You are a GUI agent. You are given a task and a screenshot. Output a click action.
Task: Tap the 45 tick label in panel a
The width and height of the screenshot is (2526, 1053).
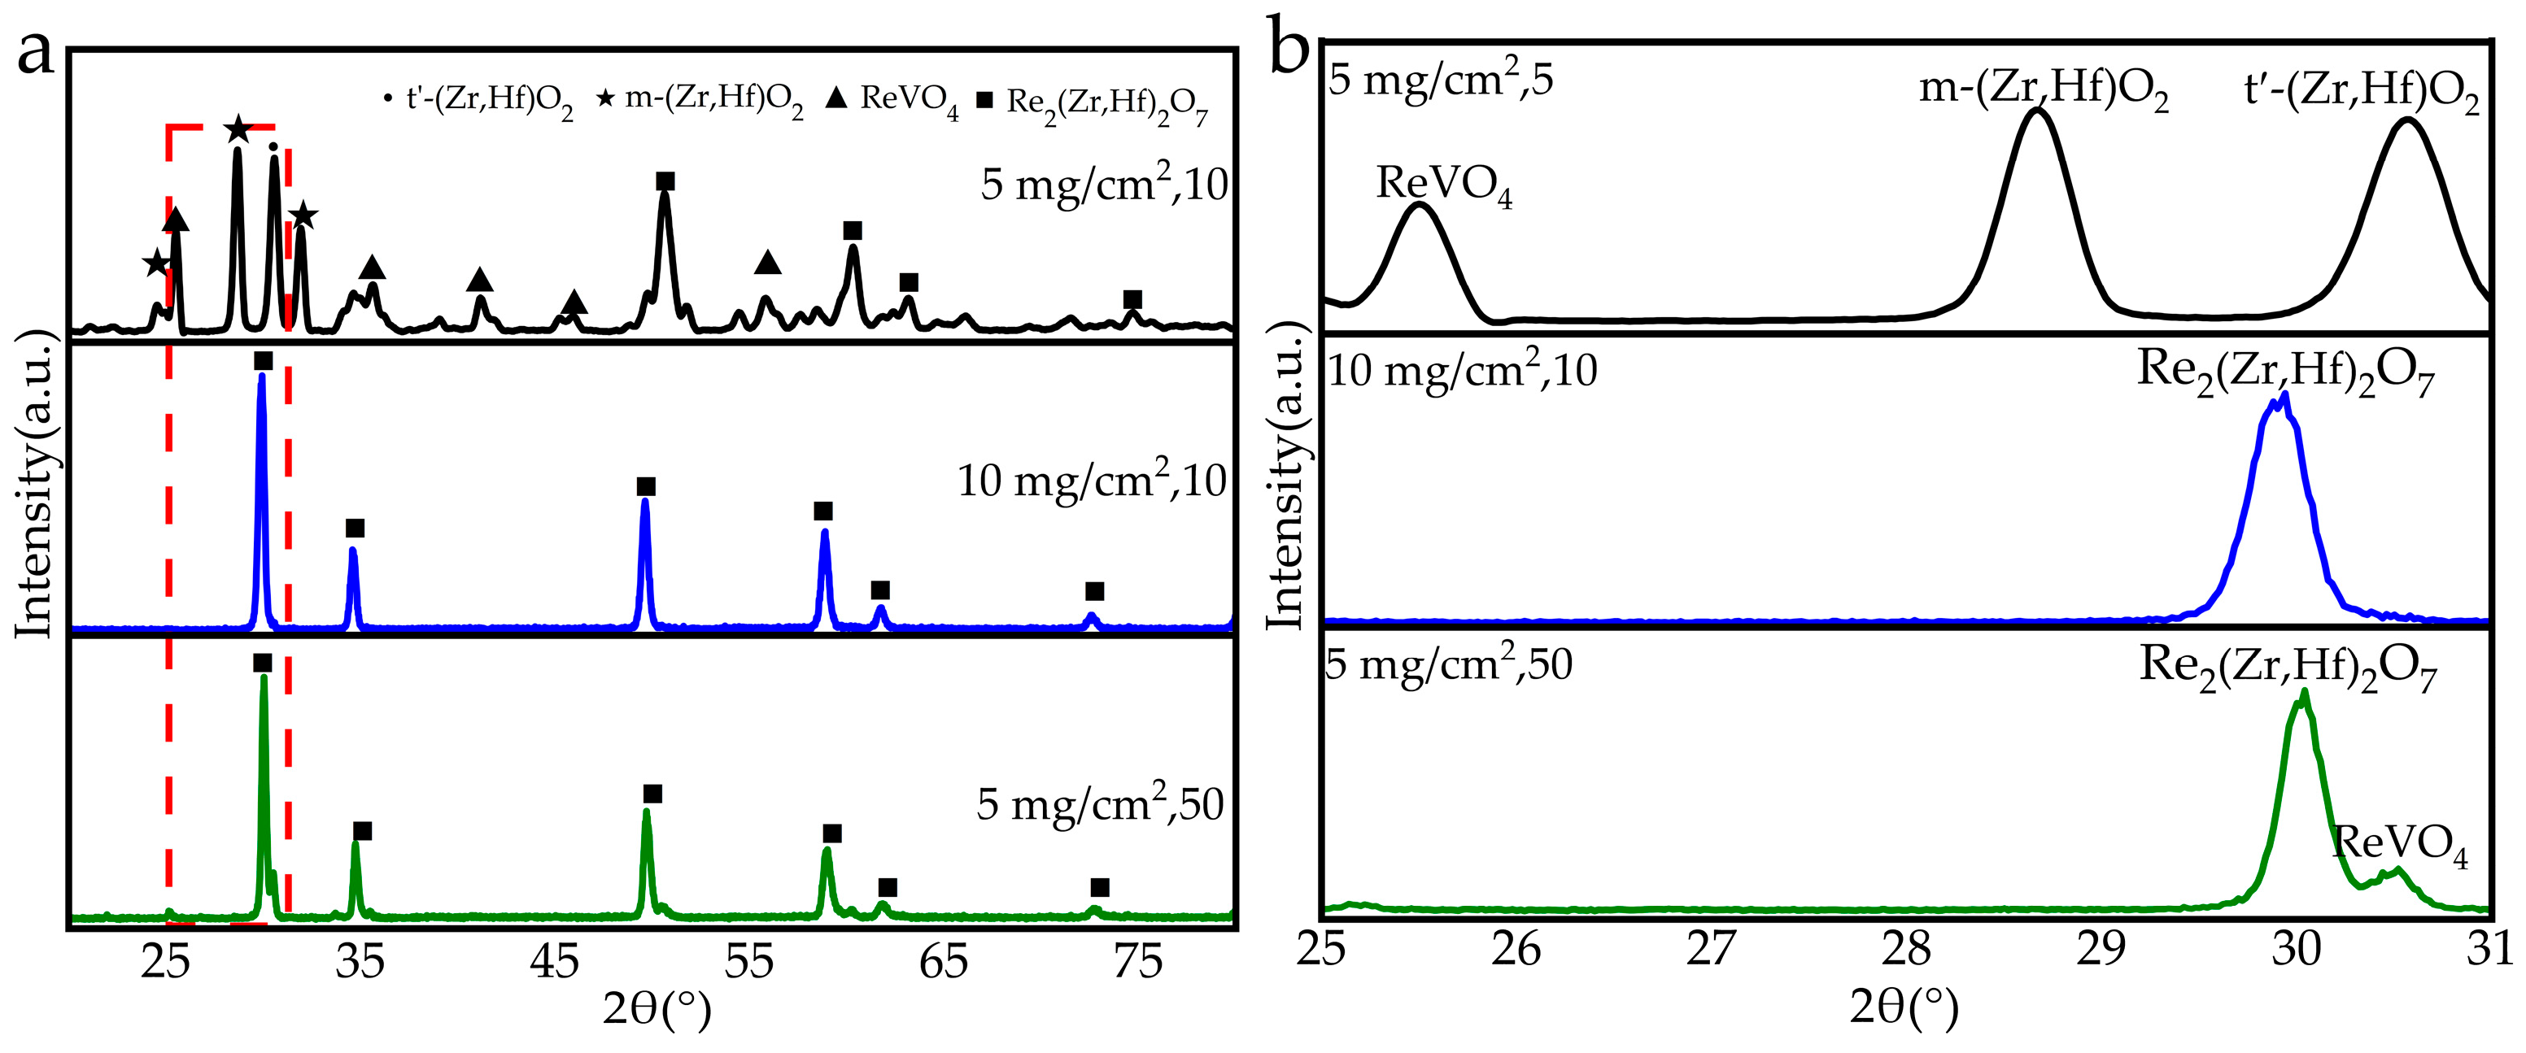[554, 963]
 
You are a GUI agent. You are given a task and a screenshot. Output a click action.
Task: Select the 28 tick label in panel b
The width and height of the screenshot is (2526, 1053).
[1906, 948]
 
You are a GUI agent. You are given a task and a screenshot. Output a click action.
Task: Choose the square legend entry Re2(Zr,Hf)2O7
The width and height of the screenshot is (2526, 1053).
[1093, 104]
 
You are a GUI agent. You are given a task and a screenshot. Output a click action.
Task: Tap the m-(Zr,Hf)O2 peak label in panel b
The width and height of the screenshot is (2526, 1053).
[2044, 90]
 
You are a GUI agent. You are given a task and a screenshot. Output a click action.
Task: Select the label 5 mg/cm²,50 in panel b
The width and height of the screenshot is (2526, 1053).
[1448, 665]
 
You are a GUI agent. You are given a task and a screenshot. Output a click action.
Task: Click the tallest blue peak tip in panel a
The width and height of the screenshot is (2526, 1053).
[261, 376]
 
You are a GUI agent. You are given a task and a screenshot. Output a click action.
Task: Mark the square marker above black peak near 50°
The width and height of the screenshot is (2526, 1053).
[665, 181]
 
